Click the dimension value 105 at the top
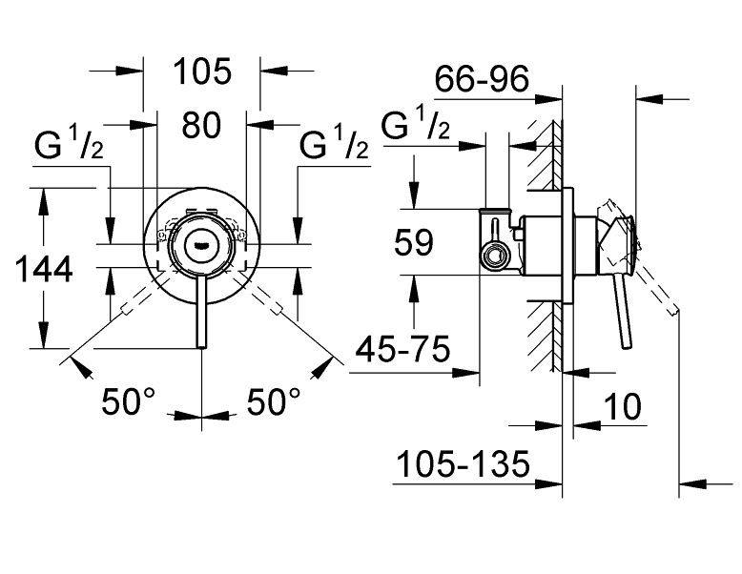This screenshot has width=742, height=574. tap(202, 72)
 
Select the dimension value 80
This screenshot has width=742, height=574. tap(201, 125)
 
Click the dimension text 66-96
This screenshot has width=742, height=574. tap(481, 81)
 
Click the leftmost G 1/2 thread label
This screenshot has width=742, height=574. tap(68, 145)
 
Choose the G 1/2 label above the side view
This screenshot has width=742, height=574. tap(416, 126)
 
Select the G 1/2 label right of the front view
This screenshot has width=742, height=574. tap(334, 145)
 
